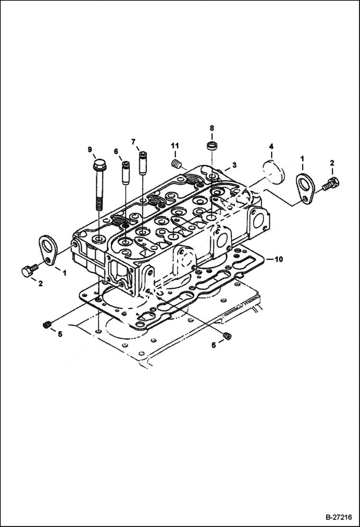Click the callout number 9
click(89, 149)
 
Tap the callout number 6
click(116, 151)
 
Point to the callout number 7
click(133, 141)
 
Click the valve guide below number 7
click(142, 164)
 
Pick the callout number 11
click(175, 146)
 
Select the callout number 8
click(211, 128)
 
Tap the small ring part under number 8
click(211, 145)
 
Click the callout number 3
click(234, 165)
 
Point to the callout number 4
click(271, 146)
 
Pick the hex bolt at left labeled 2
click(27, 270)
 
